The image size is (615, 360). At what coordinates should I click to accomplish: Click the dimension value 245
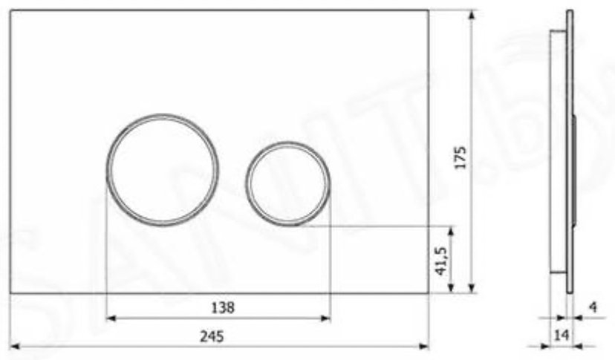tap(212, 336)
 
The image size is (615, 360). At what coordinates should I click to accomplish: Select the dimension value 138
tap(223, 307)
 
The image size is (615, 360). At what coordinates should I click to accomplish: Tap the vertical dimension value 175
tap(460, 157)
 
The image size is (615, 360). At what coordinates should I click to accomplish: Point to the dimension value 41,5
tap(441, 261)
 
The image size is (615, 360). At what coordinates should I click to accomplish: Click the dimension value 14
tap(561, 335)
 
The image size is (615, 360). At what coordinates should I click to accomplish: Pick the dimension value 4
tap(593, 307)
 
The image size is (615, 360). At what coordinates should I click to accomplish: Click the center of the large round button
tap(163, 170)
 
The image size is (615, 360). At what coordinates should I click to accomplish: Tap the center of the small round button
tap(288, 184)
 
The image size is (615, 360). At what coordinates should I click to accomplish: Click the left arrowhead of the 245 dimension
tap(15, 347)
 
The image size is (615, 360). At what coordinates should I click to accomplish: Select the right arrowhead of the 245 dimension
tap(424, 347)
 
